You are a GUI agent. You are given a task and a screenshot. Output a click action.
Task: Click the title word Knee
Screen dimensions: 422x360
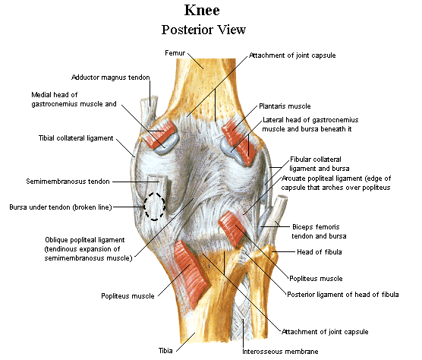tap(202, 10)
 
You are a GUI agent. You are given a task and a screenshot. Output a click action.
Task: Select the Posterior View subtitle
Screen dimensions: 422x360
tap(203, 30)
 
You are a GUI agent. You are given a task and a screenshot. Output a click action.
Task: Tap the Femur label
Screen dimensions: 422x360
tap(175, 53)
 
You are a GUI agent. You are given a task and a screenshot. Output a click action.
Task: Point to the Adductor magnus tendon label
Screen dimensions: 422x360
tap(110, 77)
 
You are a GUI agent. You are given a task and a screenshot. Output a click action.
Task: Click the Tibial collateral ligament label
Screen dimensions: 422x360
tap(76, 138)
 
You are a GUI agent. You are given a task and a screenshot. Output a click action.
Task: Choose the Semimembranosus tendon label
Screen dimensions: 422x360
tap(68, 182)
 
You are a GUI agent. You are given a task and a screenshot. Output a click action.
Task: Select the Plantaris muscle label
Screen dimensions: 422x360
tap(285, 106)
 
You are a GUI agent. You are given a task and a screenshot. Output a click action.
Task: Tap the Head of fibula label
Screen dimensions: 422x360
tap(320, 252)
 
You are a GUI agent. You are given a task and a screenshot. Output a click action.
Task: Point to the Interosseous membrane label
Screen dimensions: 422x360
tap(280, 352)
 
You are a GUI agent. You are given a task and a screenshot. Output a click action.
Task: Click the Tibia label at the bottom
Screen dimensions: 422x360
tap(165, 351)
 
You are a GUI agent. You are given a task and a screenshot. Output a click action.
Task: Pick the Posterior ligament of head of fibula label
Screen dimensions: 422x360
tap(342, 294)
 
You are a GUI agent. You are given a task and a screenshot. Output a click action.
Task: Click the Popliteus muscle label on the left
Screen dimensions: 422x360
tap(128, 296)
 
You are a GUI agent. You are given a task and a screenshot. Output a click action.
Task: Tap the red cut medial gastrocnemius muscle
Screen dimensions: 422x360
tap(158, 133)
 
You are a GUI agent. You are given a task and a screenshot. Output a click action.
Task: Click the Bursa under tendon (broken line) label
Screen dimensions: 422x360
tap(61, 207)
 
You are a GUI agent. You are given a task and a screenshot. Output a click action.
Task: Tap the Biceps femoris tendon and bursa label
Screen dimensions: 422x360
tap(319, 232)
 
